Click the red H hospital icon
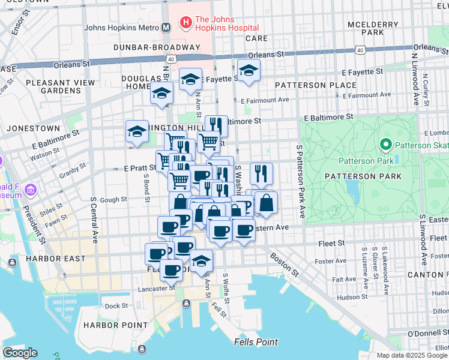pos(186,23)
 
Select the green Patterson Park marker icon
pos(385,145)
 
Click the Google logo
pos(20,353)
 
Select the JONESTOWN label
pos(33,128)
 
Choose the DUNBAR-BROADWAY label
pos(157,47)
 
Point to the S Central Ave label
pos(94,220)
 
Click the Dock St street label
pos(113,305)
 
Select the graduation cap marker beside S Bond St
pos(137,132)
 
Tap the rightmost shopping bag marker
pos(266,203)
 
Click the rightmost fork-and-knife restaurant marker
pos(261,173)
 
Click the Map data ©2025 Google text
pos(412,355)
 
